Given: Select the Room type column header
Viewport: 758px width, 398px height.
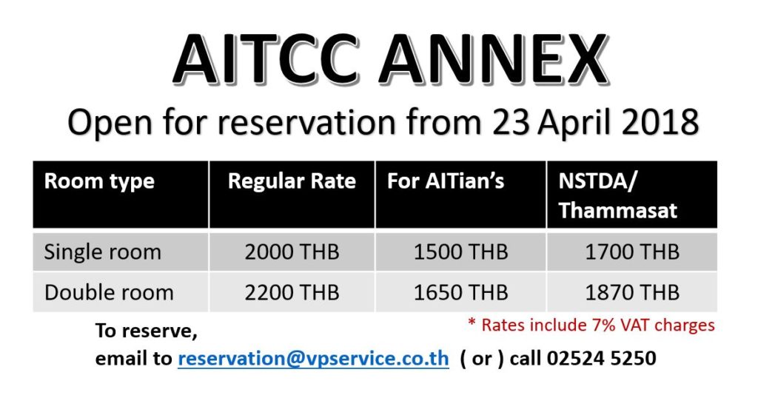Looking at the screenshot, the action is [99, 181].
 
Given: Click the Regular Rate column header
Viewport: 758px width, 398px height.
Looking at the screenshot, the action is [292, 181].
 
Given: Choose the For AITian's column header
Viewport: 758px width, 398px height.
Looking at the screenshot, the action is [445, 181].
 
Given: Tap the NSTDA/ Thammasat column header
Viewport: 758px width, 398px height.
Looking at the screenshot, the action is [618, 195].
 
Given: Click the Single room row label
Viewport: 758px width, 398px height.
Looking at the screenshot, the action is [102, 252].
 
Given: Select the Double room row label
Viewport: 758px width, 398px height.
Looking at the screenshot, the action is [109, 293].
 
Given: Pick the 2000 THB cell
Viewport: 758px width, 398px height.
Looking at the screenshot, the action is [292, 252].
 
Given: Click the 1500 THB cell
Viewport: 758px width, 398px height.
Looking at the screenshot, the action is [460, 252].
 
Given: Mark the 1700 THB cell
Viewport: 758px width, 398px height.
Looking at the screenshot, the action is [632, 252].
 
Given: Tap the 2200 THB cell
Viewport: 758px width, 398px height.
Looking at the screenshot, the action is [292, 293].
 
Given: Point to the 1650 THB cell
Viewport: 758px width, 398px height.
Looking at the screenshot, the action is [460, 293].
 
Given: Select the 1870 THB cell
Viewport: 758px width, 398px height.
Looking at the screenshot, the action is [632, 293].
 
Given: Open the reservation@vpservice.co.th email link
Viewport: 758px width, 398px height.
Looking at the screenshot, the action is [313, 359].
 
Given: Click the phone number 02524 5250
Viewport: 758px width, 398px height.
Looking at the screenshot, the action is [601, 358].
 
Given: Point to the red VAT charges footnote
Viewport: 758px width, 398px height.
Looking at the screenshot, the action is [591, 325].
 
